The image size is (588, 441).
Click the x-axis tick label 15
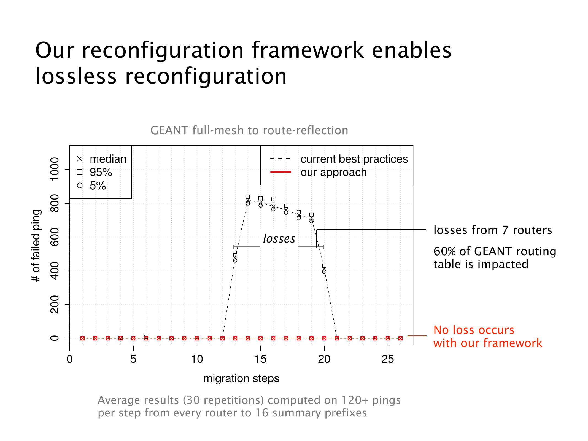click(x=260, y=359)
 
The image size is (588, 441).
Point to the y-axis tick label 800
click(x=55, y=203)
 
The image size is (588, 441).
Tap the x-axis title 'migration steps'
click(x=241, y=378)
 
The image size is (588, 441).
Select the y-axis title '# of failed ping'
click(x=36, y=246)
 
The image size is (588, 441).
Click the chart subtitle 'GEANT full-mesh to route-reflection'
click(x=249, y=130)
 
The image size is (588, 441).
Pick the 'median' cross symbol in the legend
click(x=80, y=159)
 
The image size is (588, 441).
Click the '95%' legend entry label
click(x=101, y=172)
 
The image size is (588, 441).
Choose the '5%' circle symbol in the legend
click(x=80, y=185)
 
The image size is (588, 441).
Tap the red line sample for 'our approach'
click(x=280, y=172)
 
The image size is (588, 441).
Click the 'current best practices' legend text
click(x=354, y=159)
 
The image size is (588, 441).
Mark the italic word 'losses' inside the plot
click(x=279, y=238)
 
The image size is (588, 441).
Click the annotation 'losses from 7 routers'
click(x=493, y=230)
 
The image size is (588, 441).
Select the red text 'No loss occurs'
click(x=474, y=330)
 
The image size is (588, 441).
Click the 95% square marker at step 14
click(x=248, y=197)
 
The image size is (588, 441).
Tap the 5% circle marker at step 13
click(x=235, y=260)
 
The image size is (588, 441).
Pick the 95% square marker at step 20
click(x=324, y=266)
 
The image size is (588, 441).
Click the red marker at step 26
click(x=400, y=338)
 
